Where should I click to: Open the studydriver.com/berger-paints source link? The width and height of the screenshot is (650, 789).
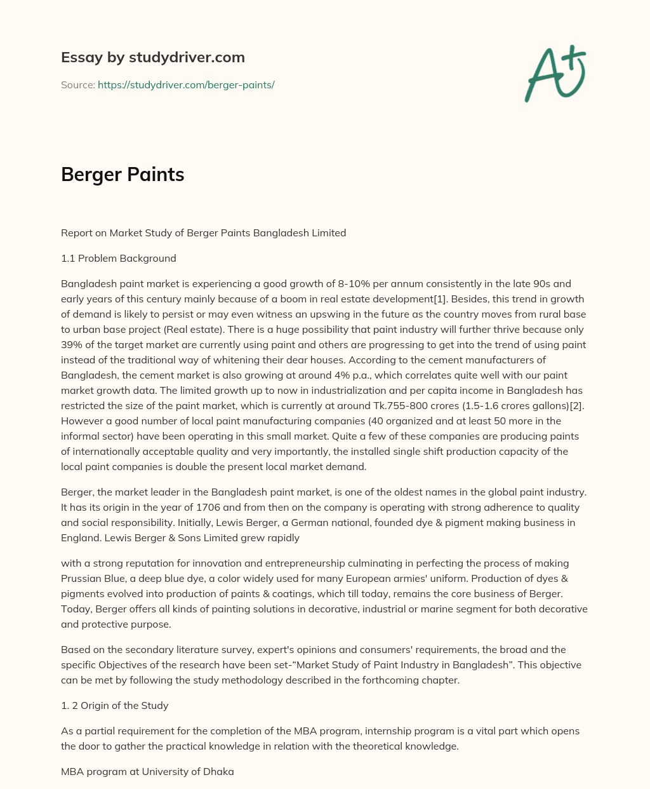[186, 84]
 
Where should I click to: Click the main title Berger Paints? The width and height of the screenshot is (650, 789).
[123, 174]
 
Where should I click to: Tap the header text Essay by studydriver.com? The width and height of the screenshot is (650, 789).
[152, 57]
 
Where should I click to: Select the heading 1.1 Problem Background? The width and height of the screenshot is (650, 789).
[119, 258]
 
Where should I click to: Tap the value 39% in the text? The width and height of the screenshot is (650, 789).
[72, 344]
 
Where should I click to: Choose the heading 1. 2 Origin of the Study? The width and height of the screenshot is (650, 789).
[115, 705]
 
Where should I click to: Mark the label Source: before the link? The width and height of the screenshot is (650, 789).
[77, 84]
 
